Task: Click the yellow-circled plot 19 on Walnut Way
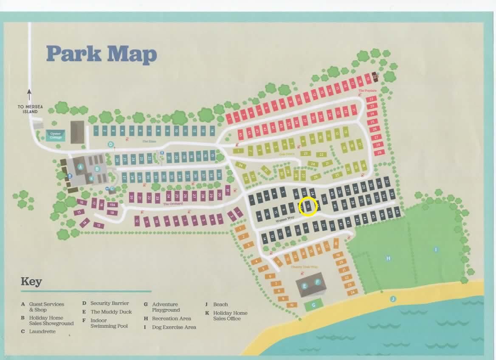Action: coord(309,207)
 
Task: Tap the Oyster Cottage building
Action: coord(56,135)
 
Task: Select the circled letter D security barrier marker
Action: coord(111,144)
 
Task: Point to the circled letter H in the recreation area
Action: coord(388,258)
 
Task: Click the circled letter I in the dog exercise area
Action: coord(436,250)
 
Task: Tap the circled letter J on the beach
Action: coord(393,299)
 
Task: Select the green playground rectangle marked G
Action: coord(314,305)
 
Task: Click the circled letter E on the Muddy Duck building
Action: coord(304,286)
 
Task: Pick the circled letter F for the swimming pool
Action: coord(317,282)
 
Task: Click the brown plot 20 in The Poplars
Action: coord(375,77)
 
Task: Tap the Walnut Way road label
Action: coord(285,218)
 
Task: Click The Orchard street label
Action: coord(173,204)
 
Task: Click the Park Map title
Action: coord(101,54)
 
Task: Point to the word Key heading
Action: coord(31,282)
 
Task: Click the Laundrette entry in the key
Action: coord(42,331)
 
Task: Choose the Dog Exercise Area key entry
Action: coord(174,327)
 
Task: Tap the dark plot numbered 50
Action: coord(324,199)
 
